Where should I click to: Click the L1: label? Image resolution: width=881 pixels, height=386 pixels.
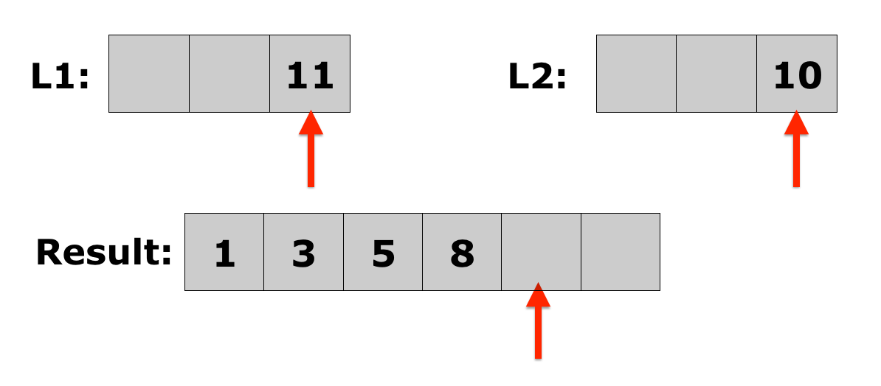coord(60,76)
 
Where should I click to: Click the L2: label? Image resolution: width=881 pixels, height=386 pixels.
coord(537,76)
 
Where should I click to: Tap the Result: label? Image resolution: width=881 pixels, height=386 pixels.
coord(103,253)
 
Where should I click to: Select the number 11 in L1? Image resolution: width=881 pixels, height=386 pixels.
coord(310,76)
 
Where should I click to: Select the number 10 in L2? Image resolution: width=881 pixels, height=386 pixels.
coord(797,76)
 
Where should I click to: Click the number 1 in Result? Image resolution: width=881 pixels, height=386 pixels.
coord(224,254)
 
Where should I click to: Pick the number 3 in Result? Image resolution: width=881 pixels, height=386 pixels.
coord(303,254)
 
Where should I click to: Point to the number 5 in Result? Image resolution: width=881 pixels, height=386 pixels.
coord(382,254)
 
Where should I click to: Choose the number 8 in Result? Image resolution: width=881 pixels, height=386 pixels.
coord(461,254)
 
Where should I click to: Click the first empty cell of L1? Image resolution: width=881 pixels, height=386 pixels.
coord(149,74)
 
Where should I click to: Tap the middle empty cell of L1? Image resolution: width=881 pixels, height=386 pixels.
coord(229,74)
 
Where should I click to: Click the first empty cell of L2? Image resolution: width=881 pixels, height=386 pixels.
coord(636,74)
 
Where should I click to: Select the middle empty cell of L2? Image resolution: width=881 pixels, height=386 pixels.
coord(716,74)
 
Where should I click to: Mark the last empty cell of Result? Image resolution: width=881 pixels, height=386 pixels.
coord(621,252)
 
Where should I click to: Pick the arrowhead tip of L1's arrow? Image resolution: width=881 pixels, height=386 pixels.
coord(311,112)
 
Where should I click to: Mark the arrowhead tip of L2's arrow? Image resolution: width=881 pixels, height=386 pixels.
coord(795,112)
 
